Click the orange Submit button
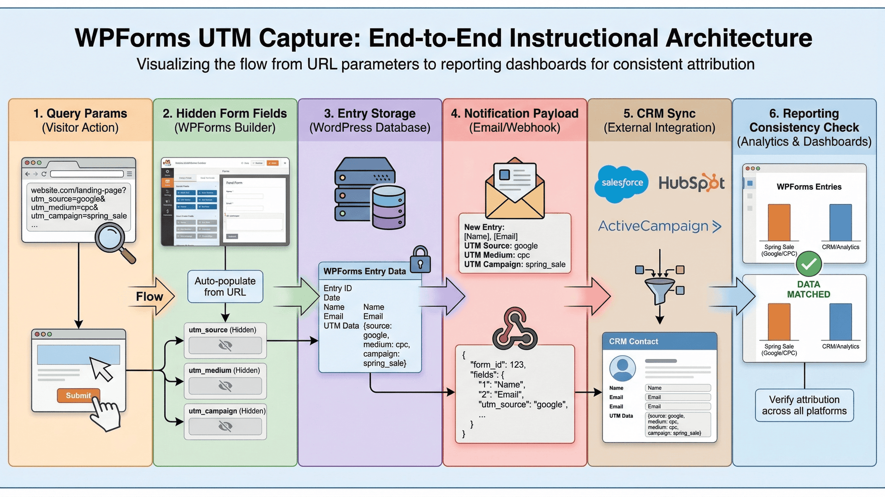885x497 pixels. (79, 395)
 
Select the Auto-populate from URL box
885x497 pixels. (225, 287)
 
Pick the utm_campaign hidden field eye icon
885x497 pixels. (225, 426)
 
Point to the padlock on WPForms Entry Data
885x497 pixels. (420, 260)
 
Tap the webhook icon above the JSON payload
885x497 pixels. (515, 329)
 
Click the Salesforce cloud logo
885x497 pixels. (622, 183)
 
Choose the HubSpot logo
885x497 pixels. (691, 183)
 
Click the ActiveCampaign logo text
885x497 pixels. (659, 226)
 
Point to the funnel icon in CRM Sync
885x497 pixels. (660, 290)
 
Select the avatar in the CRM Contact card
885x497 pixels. (622, 368)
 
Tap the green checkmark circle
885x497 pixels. (809, 264)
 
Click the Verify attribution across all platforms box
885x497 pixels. (804, 405)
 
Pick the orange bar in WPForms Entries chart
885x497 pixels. (779, 222)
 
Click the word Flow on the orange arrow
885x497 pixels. (149, 297)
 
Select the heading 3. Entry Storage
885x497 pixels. (369, 113)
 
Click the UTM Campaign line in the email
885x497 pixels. (514, 264)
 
